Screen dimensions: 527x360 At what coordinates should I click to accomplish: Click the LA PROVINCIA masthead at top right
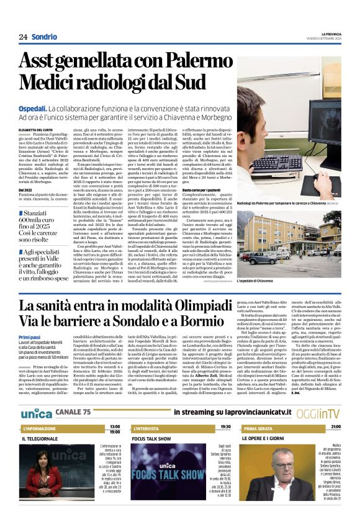[328, 33]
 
